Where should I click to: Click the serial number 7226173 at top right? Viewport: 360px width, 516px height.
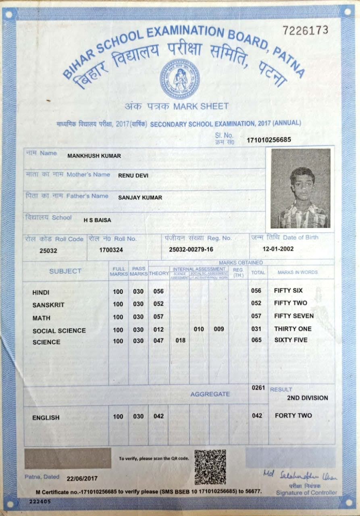[305, 30]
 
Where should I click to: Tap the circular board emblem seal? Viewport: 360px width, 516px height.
[180, 79]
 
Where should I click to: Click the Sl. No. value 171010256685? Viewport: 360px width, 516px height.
[269, 140]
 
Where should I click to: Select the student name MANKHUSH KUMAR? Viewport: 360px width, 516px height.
[94, 156]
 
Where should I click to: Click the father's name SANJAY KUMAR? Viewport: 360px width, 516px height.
[140, 198]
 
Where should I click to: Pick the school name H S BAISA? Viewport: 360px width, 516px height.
[97, 220]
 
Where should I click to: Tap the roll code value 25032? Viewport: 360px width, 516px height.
[48, 250]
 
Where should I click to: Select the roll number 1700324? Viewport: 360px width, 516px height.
[111, 250]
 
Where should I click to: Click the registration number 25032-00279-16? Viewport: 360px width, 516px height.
[191, 250]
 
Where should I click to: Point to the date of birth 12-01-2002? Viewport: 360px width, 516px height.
[278, 249]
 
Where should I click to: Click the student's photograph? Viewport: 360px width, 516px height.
[300, 188]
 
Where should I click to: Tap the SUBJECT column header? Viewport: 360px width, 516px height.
[65, 271]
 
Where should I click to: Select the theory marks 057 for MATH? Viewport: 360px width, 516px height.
[158, 317]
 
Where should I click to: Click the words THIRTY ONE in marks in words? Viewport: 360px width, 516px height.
[293, 329]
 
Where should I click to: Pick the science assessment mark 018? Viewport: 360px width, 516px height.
[180, 340]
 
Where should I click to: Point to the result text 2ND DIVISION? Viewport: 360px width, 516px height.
[307, 398]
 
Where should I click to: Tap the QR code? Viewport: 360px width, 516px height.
[210, 467]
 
